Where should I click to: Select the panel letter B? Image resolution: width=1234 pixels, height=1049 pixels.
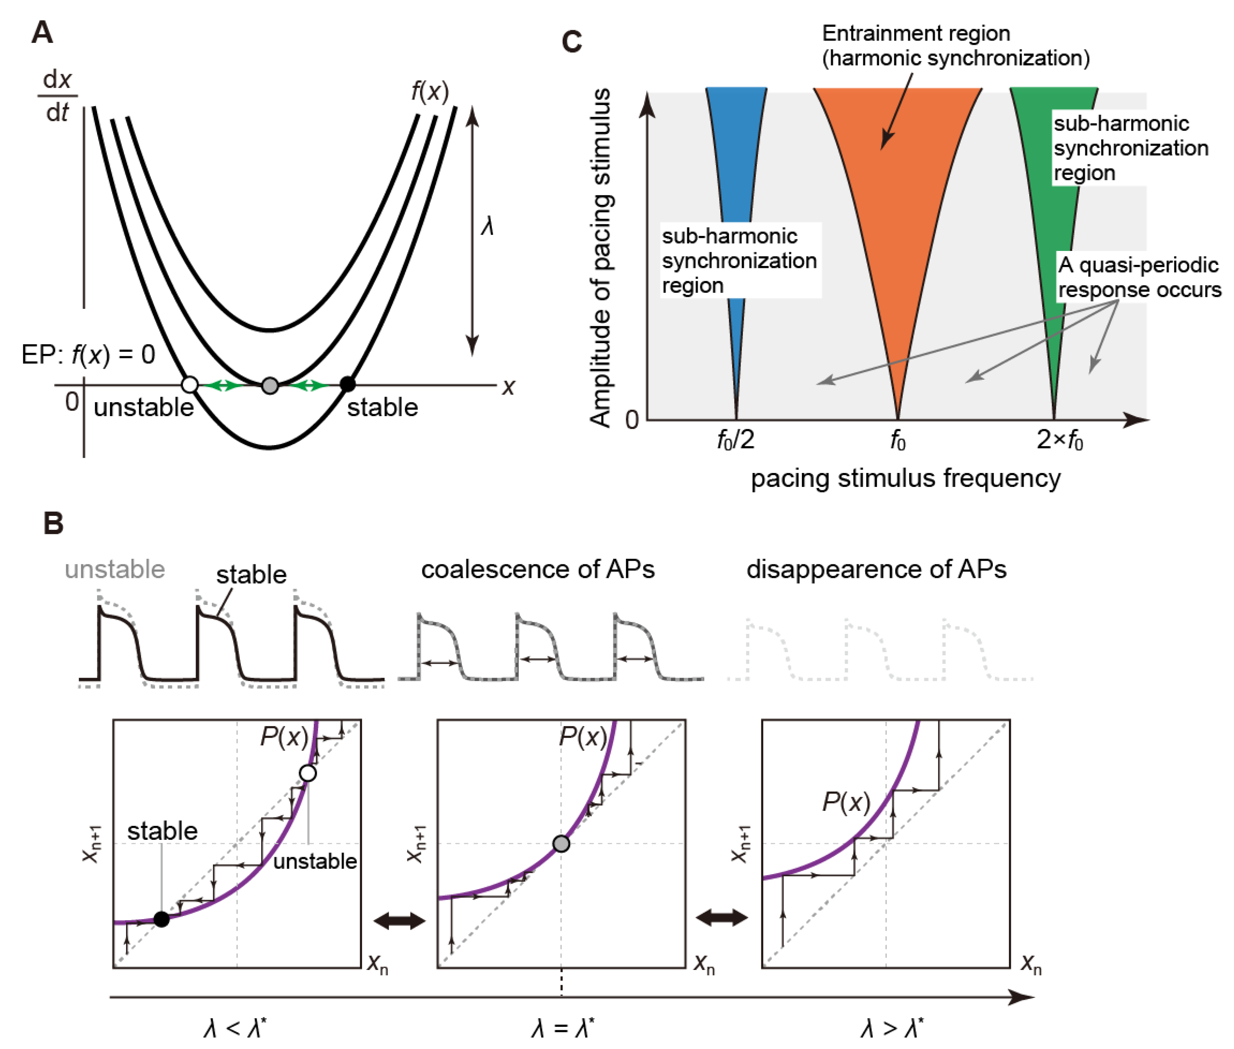pos(53,524)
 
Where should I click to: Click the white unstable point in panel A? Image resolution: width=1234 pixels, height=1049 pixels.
pos(190,385)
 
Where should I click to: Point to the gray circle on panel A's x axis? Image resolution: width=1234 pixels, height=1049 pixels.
pos(270,385)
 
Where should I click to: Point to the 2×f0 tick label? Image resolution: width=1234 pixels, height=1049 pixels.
pos(1060,441)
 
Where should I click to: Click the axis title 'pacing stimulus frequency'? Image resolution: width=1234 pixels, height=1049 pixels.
pos(905,478)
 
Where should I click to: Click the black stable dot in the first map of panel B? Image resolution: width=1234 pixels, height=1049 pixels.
pos(161,919)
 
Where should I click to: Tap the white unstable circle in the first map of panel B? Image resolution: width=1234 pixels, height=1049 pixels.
pos(307,773)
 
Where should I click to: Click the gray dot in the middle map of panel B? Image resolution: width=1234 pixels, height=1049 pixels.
pos(561,843)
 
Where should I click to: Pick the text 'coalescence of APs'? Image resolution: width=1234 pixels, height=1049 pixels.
pos(538,570)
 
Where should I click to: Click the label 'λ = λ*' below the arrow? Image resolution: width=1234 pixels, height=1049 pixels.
pos(562,1028)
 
